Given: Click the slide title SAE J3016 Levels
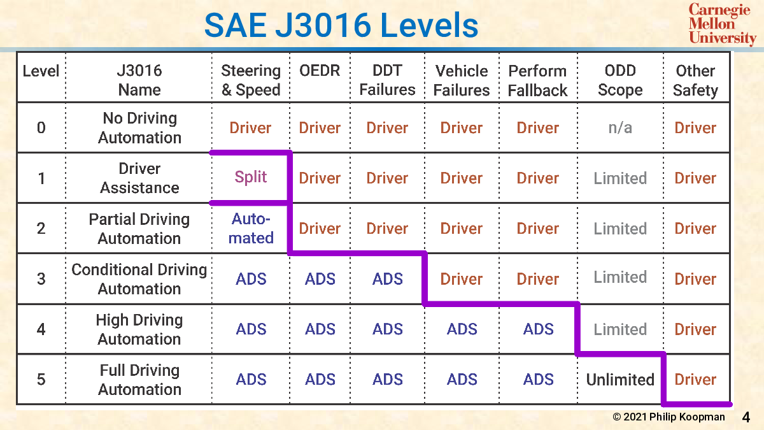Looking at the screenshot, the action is click(341, 25).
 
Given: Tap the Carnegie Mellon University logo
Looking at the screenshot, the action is click(722, 24).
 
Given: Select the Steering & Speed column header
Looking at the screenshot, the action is click(251, 80).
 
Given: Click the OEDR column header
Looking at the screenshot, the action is click(320, 71).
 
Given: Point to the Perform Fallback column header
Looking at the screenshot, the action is click(537, 80).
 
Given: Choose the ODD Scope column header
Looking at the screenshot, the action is click(620, 80).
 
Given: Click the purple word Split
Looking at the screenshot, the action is click(250, 177).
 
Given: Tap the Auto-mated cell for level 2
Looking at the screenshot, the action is click(251, 228).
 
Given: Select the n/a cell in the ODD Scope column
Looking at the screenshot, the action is click(620, 128).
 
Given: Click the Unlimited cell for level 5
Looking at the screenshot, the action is click(620, 380).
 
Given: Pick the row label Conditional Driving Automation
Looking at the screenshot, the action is click(139, 279).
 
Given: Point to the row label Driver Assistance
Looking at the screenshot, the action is click(139, 178).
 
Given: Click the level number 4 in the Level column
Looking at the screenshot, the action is click(41, 329).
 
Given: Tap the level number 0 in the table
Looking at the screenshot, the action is click(41, 127).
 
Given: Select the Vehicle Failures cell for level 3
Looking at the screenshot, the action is click(461, 279).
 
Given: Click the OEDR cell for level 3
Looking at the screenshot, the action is click(320, 279).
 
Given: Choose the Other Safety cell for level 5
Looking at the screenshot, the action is click(695, 380).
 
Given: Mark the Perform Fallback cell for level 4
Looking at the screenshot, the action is click(538, 329).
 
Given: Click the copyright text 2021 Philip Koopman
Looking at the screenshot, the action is click(668, 417).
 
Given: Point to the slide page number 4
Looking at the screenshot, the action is click(746, 417).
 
